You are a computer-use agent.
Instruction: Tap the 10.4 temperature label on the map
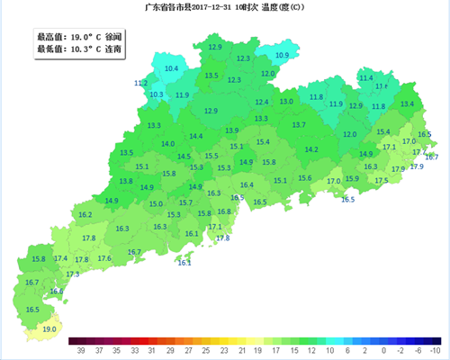171,68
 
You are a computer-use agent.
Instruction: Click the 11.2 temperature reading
140,84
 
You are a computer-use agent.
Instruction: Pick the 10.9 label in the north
282,56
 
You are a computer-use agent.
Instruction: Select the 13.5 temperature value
211,76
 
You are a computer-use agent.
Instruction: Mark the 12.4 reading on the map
262,103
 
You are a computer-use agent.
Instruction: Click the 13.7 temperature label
299,125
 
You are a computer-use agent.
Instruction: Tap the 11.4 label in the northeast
365,78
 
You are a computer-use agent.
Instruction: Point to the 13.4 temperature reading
407,104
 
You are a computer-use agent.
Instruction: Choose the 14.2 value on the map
311,150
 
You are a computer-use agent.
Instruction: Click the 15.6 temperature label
304,178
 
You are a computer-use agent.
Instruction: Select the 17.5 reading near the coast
382,181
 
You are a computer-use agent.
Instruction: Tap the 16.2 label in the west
85,215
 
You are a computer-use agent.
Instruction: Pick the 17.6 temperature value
104,259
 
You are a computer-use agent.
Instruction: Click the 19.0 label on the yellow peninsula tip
49,329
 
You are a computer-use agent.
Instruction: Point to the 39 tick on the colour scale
81,349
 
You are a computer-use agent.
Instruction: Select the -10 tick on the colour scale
436,349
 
